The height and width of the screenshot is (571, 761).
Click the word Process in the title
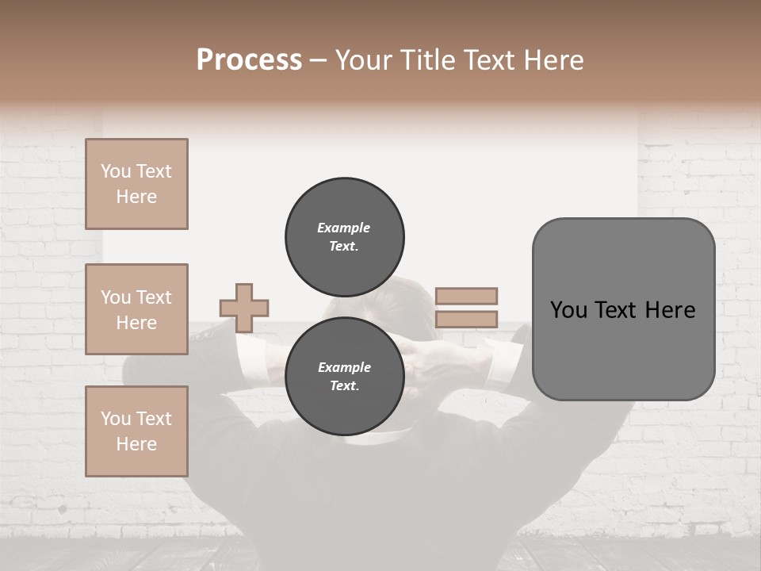point(249,60)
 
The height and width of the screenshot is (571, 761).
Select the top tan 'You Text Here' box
point(136,184)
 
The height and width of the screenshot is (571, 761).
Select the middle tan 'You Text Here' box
point(136,309)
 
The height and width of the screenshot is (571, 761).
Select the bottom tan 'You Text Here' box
point(136,431)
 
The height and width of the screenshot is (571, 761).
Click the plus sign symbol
point(244,308)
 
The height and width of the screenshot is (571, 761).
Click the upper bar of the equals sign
point(466,296)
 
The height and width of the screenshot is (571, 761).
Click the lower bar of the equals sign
point(466,320)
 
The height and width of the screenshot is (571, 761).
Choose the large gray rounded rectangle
point(623,349)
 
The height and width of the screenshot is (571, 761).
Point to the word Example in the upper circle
point(343,228)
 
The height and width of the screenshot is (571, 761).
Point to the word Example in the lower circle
point(344,367)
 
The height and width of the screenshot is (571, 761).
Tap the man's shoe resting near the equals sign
point(518,333)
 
